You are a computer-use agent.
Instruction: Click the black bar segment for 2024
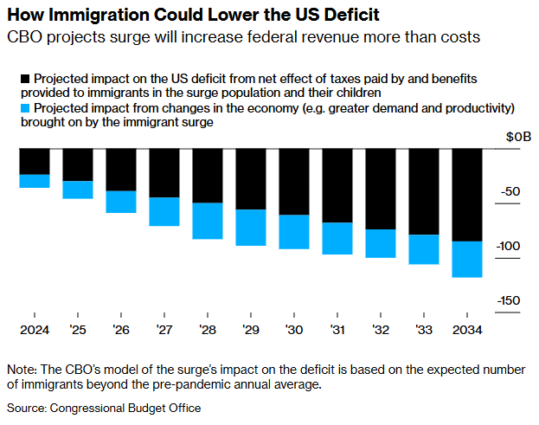[35, 161]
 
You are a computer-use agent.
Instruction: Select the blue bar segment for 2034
[467, 259]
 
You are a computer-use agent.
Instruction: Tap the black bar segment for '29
[251, 179]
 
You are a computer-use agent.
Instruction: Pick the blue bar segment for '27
[164, 211]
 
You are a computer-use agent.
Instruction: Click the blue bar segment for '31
[337, 238]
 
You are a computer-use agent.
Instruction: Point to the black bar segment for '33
[424, 191]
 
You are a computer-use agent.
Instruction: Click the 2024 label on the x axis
[35, 331]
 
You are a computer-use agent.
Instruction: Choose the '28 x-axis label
[208, 331]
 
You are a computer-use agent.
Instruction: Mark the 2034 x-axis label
[467, 331]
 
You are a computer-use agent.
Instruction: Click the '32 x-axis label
[381, 331]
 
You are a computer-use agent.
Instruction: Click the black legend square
[12, 79]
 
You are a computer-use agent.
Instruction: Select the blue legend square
[12, 108]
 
